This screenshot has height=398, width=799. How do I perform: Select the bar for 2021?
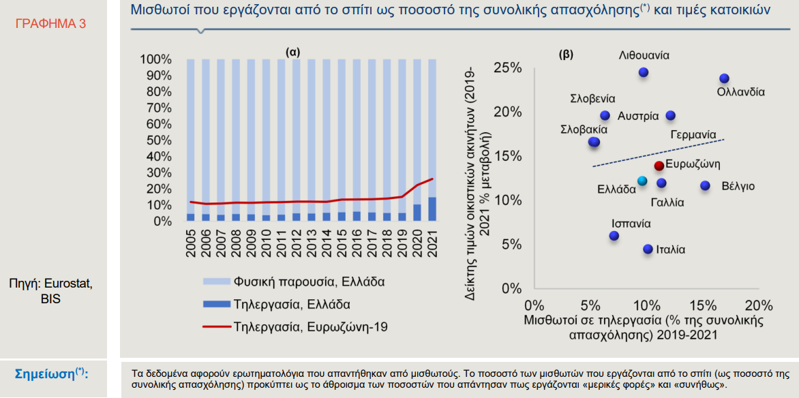tap(432, 140)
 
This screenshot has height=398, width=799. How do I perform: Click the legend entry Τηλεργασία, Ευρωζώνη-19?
tap(296, 326)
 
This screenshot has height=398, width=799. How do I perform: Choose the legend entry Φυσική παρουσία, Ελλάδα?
tap(294, 281)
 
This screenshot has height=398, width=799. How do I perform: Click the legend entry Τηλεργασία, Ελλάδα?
tap(277, 305)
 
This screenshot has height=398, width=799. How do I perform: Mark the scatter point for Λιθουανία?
tap(644, 72)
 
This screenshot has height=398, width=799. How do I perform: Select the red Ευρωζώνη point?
tap(659, 165)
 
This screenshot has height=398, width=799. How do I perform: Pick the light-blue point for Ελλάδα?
tap(642, 181)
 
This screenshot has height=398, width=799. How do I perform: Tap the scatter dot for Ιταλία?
tap(648, 249)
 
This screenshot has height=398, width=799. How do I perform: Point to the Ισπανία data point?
tap(614, 235)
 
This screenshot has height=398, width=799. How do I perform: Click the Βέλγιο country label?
tap(738, 186)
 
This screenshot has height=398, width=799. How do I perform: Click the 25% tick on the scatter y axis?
tap(509, 68)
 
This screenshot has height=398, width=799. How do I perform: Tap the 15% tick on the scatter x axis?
tap(704, 306)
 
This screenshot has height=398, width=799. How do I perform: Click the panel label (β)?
tap(566, 54)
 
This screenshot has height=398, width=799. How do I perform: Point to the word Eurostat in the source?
tap(72, 284)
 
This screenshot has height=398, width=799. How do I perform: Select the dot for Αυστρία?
tap(671, 116)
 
